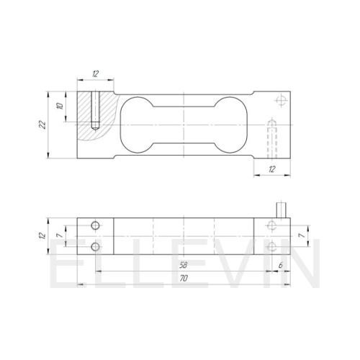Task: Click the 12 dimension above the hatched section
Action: click(x=95, y=73)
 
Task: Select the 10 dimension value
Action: click(x=60, y=106)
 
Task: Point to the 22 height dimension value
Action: click(x=42, y=125)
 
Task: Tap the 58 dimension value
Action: click(x=183, y=265)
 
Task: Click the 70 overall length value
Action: click(x=184, y=279)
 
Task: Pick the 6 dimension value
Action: click(x=281, y=265)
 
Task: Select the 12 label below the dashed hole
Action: click(x=271, y=169)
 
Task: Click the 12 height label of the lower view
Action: click(x=42, y=235)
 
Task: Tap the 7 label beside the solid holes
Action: click(x=60, y=236)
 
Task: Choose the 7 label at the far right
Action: click(x=302, y=236)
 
